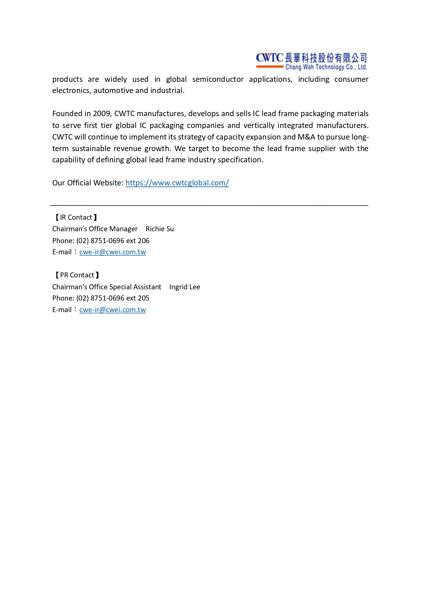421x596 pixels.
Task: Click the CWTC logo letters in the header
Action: click(269, 58)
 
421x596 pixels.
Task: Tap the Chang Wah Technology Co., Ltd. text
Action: click(326, 67)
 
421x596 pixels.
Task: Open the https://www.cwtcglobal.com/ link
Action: click(177, 183)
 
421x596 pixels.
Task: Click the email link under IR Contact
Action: click(113, 252)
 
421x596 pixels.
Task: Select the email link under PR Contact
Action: click(113, 310)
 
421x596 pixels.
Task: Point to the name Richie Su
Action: click(160, 229)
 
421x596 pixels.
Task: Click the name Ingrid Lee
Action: click(185, 287)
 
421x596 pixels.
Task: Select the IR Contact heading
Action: click(76, 217)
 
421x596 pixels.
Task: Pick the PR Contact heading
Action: click(77, 275)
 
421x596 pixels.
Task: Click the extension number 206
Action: click(143, 241)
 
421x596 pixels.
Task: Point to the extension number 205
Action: click(143, 298)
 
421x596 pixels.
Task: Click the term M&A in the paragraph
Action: click(306, 137)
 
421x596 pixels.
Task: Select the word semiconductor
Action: click(218, 79)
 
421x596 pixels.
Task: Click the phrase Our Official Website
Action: click(88, 183)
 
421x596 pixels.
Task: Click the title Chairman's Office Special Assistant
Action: click(107, 287)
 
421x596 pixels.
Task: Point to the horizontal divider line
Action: click(209, 205)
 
